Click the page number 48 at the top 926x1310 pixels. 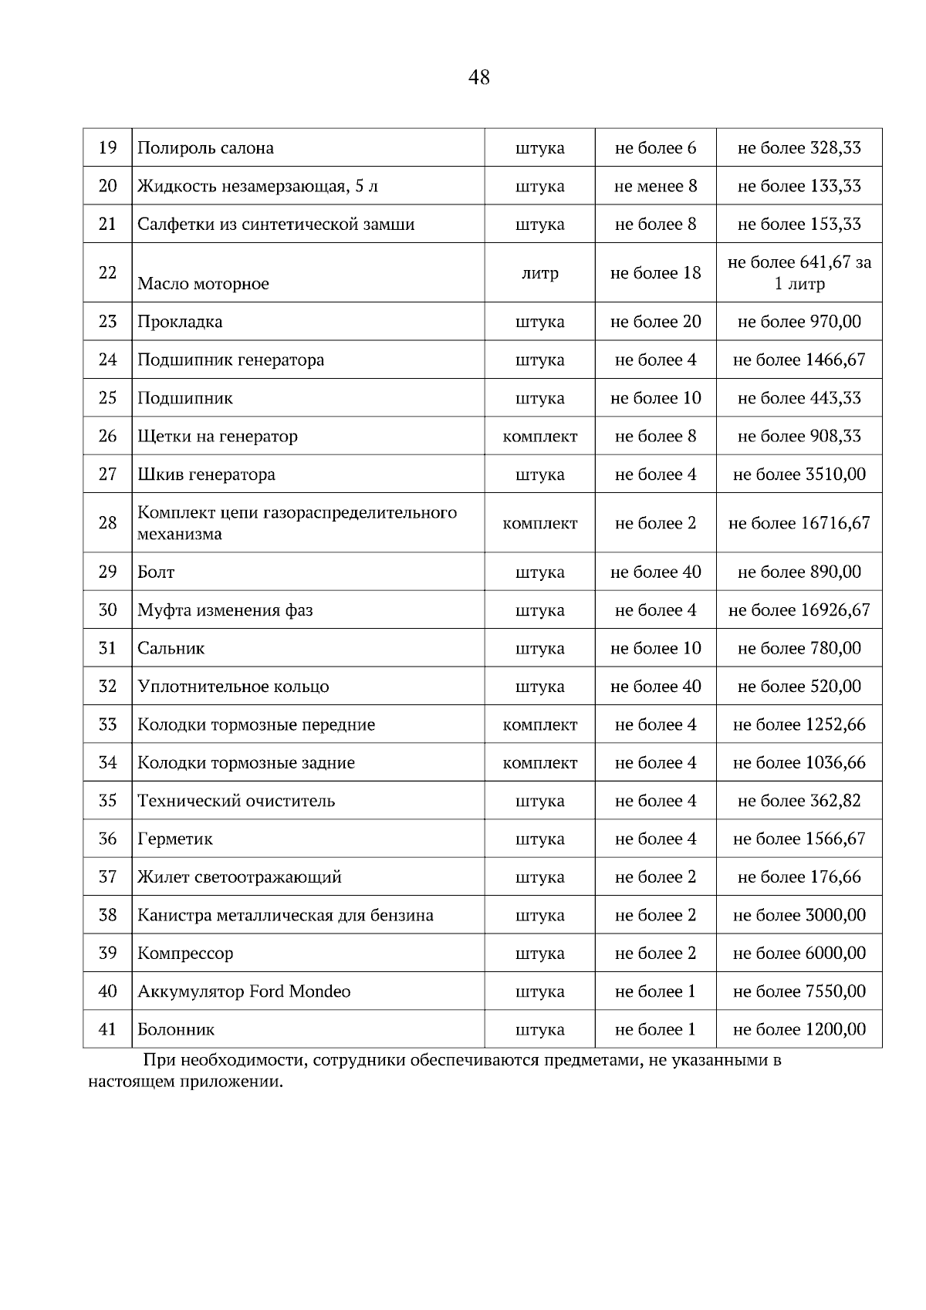(x=478, y=77)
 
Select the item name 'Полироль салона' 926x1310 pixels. (x=205, y=148)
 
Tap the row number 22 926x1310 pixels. (x=107, y=272)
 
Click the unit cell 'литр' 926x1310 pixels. (x=539, y=273)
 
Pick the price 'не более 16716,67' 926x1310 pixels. (x=799, y=523)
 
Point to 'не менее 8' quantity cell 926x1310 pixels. (x=655, y=186)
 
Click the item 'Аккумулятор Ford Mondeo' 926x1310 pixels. (x=244, y=991)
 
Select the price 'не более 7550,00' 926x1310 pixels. (x=799, y=991)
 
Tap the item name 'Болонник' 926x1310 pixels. (x=176, y=1030)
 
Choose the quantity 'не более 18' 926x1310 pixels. (x=655, y=273)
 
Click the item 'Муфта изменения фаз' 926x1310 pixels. (x=225, y=610)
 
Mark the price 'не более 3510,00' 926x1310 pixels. (x=799, y=474)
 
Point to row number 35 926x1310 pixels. (x=107, y=801)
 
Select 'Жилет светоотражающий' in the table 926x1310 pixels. (x=239, y=877)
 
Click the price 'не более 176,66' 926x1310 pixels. (x=799, y=877)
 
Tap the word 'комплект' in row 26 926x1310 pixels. (x=539, y=437)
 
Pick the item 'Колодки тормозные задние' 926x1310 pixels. (x=246, y=763)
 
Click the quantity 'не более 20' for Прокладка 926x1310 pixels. (x=655, y=322)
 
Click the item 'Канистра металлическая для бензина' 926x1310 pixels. (x=286, y=916)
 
